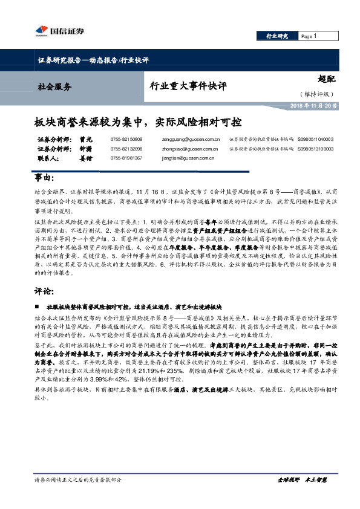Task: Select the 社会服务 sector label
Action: (x=54, y=86)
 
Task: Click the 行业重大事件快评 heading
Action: (x=188, y=86)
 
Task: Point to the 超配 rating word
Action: (x=327, y=78)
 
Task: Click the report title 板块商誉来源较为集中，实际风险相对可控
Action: (x=137, y=122)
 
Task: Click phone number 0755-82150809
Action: (x=126, y=139)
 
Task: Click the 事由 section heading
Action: (x=44, y=179)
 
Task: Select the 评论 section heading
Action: (x=44, y=291)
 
